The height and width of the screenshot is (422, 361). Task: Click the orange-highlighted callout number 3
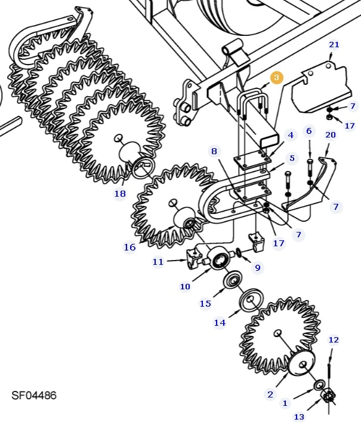pos(276,78)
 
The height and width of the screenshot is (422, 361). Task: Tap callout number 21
pos(334,45)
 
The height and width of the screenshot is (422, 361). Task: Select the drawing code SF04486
pos(34,395)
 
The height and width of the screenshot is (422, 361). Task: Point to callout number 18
pos(120,193)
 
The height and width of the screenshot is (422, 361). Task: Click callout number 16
pos(129,247)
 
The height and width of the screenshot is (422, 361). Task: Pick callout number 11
pos(158,262)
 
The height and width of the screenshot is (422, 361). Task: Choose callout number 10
pos(185,286)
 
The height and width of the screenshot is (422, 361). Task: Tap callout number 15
pos(205,304)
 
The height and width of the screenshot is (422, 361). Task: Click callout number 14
pos(220,323)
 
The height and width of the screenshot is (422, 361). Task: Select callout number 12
pos(334,340)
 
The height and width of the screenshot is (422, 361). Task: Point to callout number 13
pos(299,417)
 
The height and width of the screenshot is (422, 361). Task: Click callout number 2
pos(270,395)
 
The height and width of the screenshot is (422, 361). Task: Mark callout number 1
pos(285,403)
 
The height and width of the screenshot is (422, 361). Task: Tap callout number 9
pos(258,267)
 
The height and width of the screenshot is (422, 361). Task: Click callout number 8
pos(214,151)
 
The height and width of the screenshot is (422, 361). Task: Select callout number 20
pos(331,135)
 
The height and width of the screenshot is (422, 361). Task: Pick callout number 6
pos(308,131)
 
